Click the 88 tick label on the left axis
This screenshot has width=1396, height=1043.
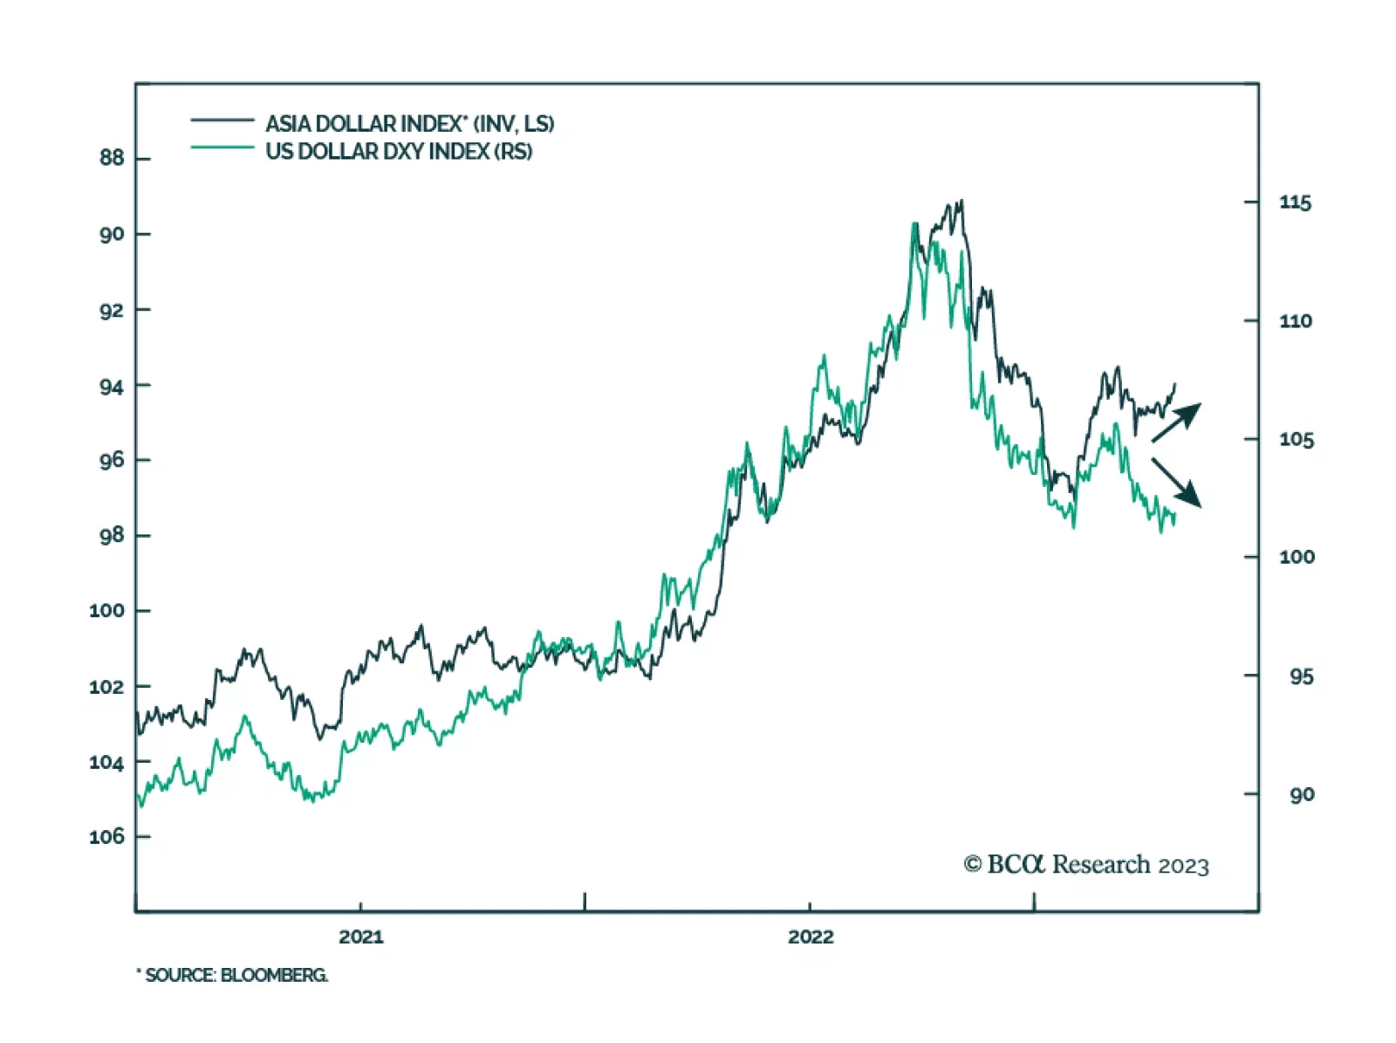(112, 158)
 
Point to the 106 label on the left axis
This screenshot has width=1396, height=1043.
(106, 836)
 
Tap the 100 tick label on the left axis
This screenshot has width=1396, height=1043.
(106, 610)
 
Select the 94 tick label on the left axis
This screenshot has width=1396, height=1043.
(112, 386)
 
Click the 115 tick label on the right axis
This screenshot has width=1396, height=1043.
(1295, 202)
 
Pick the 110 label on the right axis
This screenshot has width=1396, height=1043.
(1295, 321)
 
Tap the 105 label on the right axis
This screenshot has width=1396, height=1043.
(1296, 439)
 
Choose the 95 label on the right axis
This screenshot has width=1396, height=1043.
(1301, 676)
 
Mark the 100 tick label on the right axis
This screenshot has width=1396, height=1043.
(1296, 557)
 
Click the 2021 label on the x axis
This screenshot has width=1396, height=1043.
(360, 937)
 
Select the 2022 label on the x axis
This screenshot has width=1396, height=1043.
(811, 937)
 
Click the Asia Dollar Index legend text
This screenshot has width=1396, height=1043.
(409, 123)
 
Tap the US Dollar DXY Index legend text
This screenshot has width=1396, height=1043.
(399, 151)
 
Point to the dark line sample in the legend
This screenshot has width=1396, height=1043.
(222, 120)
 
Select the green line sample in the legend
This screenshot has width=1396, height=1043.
(222, 147)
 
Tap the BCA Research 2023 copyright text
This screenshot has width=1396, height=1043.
(1086, 864)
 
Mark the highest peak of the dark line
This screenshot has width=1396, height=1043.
(961, 201)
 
